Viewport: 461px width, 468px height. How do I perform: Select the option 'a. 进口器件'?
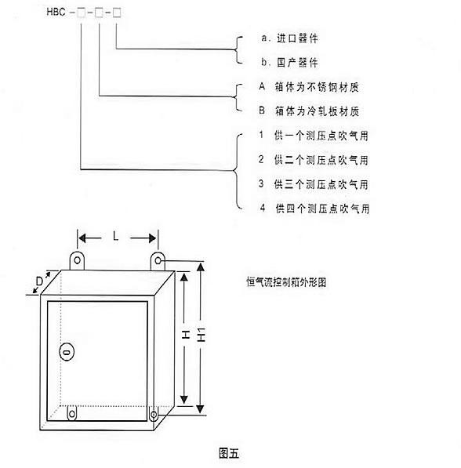pos(289,38)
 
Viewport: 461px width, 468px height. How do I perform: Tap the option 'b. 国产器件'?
pos(289,63)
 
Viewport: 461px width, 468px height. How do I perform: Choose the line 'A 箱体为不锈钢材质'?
pos(309,87)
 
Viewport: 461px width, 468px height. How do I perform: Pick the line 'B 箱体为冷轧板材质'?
pos(309,111)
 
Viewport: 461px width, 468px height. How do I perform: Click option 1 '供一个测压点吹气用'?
pos(314,136)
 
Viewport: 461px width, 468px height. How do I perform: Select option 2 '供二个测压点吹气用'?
pos(314,160)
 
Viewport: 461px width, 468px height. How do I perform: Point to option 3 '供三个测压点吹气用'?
pos(314,184)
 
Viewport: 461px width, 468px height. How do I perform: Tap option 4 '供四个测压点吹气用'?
pos(314,209)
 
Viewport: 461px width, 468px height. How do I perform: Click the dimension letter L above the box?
pos(115,237)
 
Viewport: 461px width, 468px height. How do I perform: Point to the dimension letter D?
pos(39,281)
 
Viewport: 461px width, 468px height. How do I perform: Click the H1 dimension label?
pos(201,335)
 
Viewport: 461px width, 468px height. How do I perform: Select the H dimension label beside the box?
pos(186,334)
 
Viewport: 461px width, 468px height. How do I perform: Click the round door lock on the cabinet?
pos(67,352)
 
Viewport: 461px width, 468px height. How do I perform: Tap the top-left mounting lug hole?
pos(78,260)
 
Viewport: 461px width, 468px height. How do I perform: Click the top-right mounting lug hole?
pos(158,262)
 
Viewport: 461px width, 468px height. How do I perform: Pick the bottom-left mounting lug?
pos(72,413)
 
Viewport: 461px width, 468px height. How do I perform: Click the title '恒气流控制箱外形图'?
pos(286,282)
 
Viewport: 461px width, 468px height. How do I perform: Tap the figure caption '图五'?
pos(229,453)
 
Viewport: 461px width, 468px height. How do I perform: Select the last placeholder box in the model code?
pos(117,13)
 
